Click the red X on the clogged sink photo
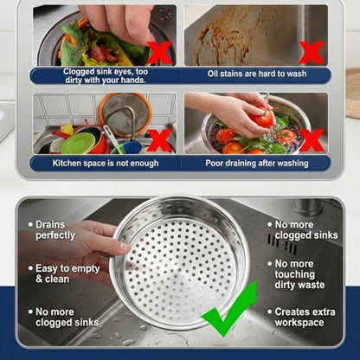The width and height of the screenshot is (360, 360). click(158, 51)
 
